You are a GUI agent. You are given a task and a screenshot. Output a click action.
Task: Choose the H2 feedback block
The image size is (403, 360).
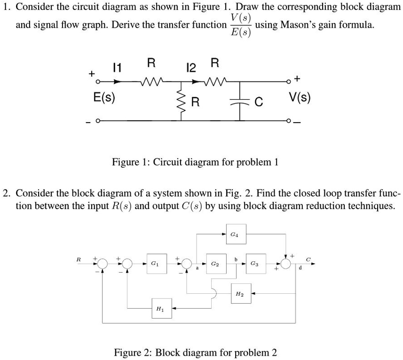click(x=239, y=294)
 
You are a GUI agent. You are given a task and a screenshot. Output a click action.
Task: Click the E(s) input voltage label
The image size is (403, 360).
click(x=104, y=98)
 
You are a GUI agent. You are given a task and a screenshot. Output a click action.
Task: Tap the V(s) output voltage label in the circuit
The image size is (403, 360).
click(x=300, y=98)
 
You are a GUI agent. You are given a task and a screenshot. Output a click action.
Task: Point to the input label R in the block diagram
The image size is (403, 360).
click(x=79, y=258)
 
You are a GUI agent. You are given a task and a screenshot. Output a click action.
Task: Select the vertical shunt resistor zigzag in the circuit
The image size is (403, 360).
click(x=180, y=102)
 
